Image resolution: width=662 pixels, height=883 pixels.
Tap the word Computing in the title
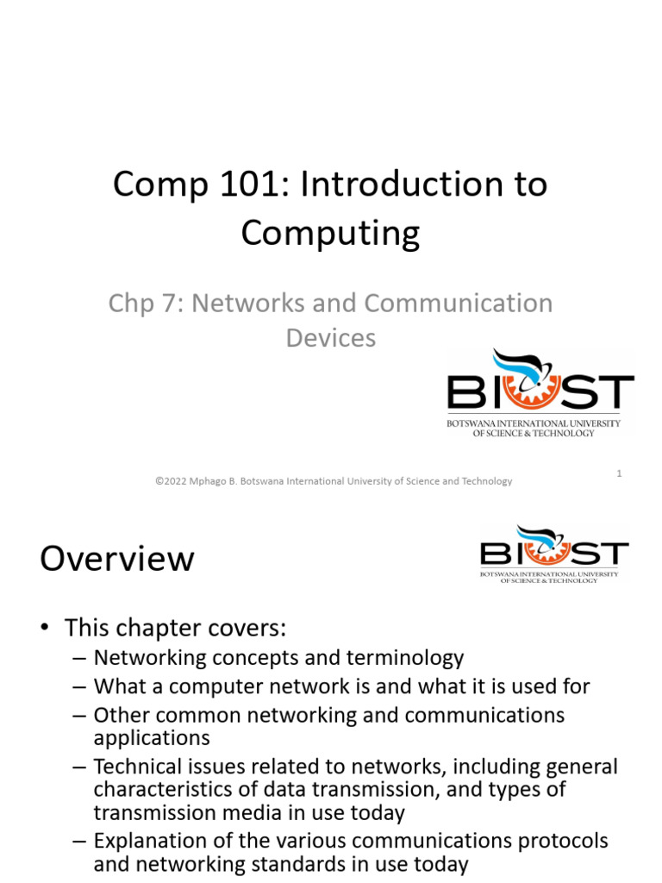click(330, 233)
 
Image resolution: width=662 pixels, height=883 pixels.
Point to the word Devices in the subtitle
click(331, 337)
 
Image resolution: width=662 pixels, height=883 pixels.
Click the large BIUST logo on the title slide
click(540, 393)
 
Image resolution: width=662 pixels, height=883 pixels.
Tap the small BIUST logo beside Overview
click(553, 554)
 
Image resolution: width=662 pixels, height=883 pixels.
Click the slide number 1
click(620, 473)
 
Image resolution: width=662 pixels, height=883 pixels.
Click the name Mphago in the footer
click(217, 481)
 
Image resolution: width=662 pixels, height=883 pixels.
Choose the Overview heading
click(117, 559)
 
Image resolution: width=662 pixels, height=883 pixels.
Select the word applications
click(152, 737)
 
